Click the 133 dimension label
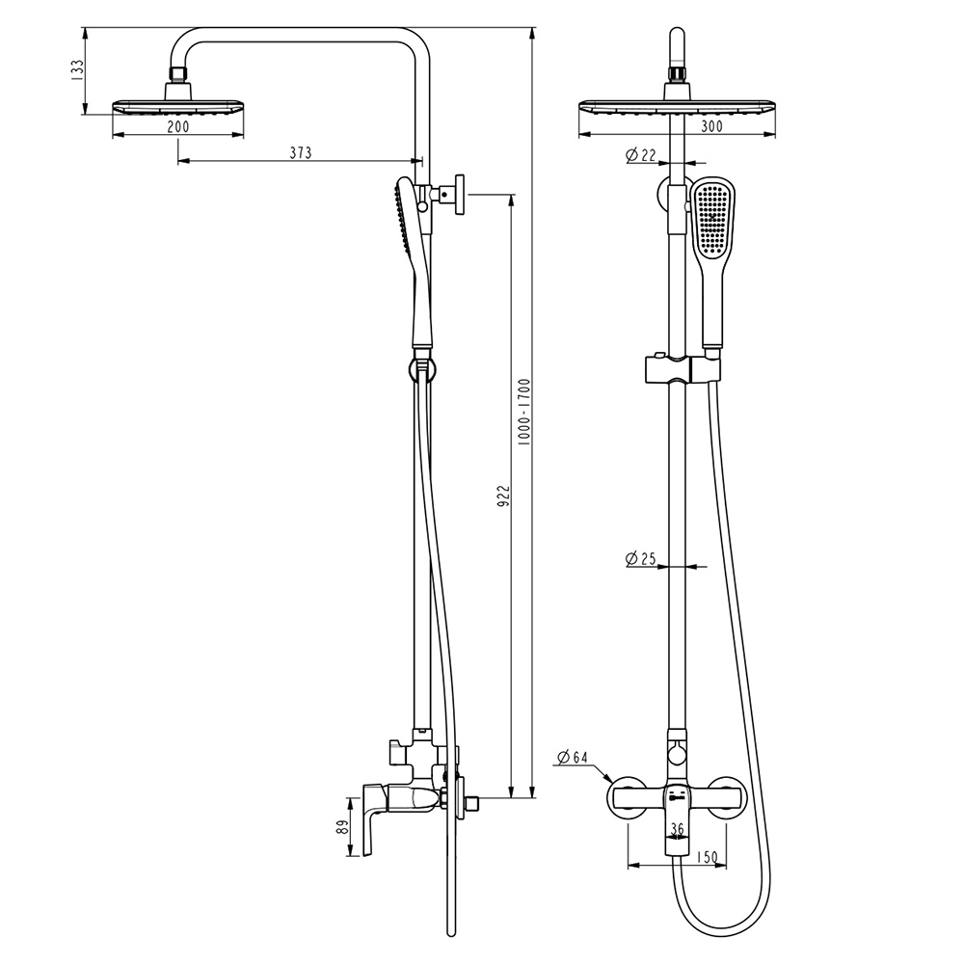(77, 70)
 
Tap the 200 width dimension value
(178, 126)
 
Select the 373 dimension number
(301, 152)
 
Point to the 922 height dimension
(503, 495)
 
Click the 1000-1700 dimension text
(523, 412)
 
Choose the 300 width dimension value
(711, 126)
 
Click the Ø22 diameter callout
(641, 155)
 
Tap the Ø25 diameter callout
(641, 559)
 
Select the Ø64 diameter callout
(573, 757)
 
